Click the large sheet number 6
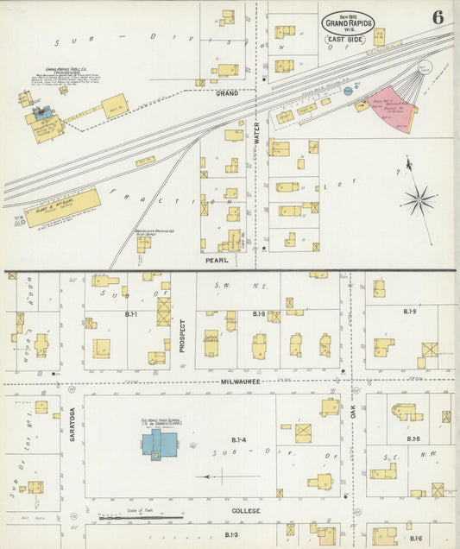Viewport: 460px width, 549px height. pyautogui.click(x=438, y=16)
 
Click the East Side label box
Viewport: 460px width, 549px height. pyautogui.click(x=344, y=40)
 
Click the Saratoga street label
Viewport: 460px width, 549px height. pyautogui.click(x=72, y=424)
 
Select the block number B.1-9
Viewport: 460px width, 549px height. pyautogui.click(x=411, y=310)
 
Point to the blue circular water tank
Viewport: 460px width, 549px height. pyautogui.click(x=349, y=90)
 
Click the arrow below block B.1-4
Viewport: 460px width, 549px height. pyautogui.click(x=227, y=476)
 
